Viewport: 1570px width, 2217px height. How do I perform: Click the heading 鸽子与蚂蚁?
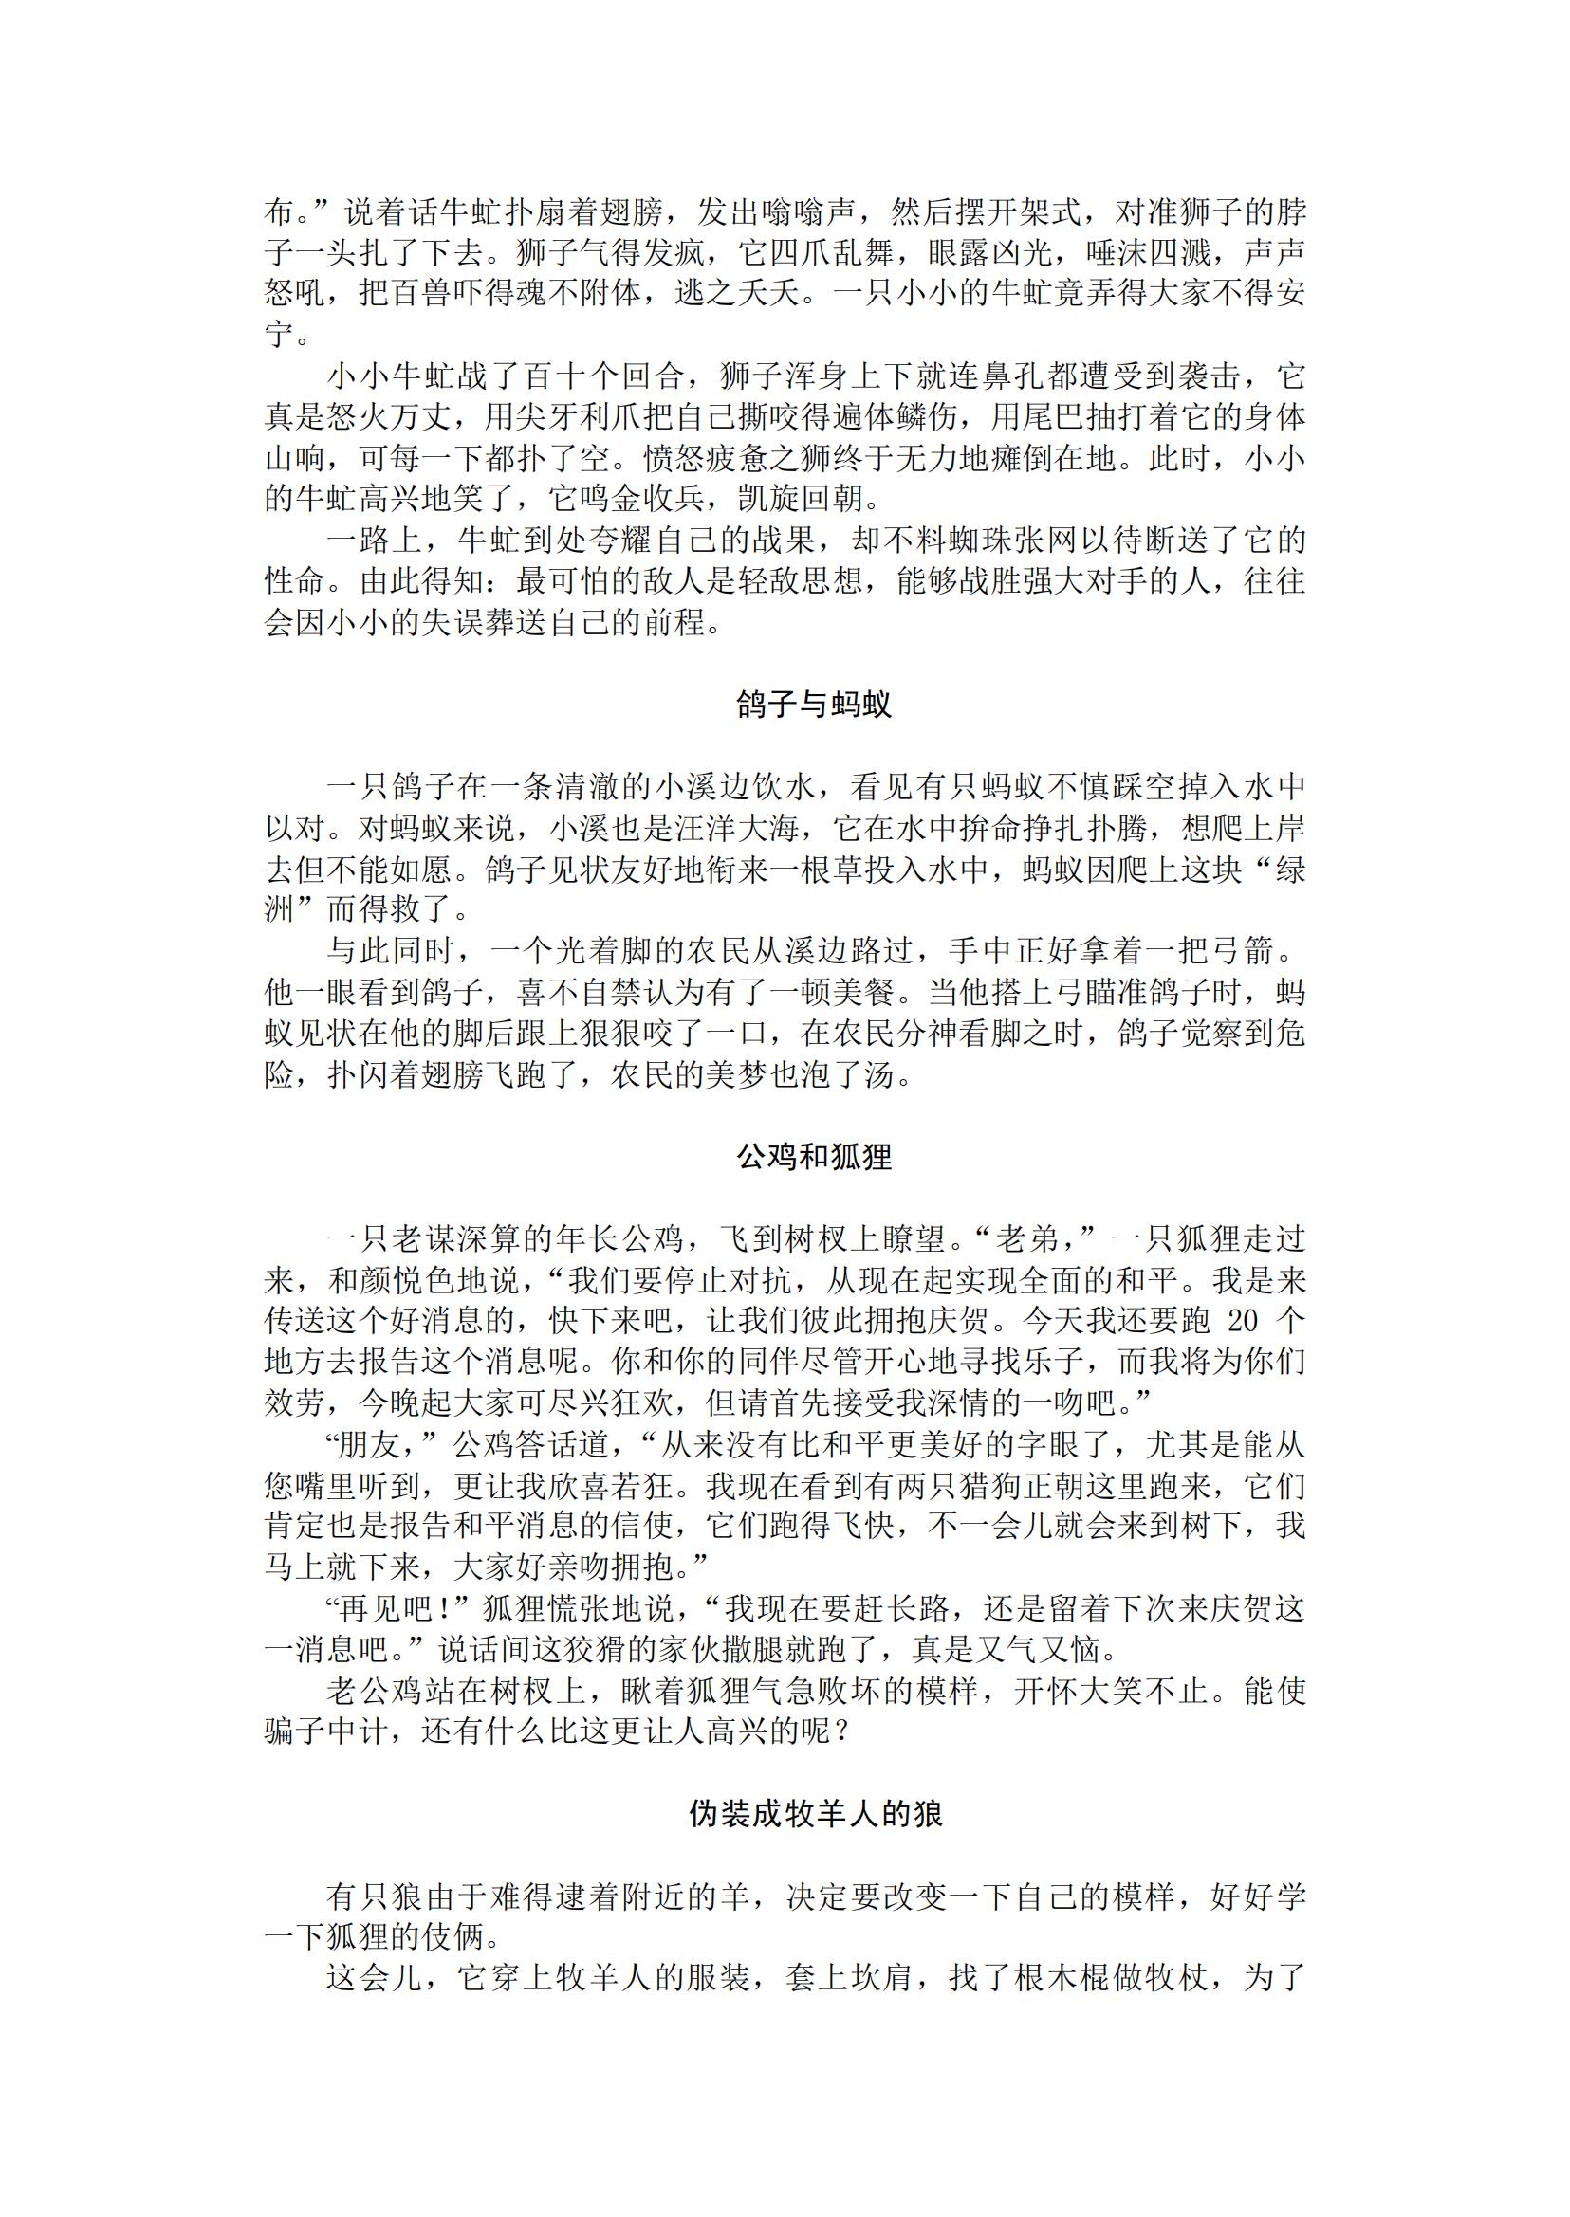[814, 705]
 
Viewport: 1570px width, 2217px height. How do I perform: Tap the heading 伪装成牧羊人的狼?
[814, 1814]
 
